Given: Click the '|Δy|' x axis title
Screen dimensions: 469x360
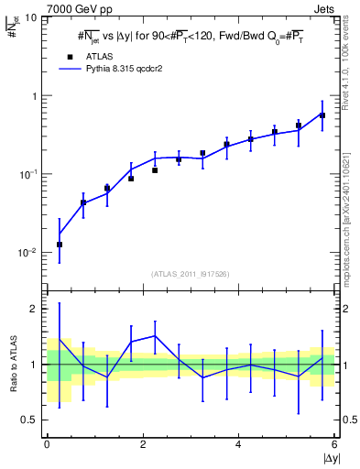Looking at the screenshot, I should click(330, 459).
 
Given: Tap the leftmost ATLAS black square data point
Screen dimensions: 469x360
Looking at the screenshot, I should click(60, 245).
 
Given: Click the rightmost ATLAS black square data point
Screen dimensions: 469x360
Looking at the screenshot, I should click(322, 115).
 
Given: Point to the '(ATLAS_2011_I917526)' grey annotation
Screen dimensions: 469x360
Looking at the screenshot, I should click(191, 274).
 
